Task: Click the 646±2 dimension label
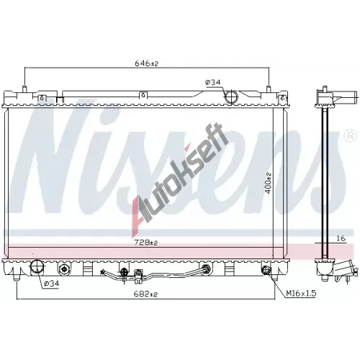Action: tap(147, 63)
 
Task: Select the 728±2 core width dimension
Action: tap(146, 243)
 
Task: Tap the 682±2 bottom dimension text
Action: tap(146, 294)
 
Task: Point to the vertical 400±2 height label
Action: tap(268, 183)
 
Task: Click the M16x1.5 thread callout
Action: tap(301, 293)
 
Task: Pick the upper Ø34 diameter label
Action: tap(212, 82)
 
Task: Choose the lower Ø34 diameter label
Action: tap(52, 283)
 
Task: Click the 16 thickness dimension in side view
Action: tap(341, 238)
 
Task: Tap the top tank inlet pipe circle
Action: tap(231, 96)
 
